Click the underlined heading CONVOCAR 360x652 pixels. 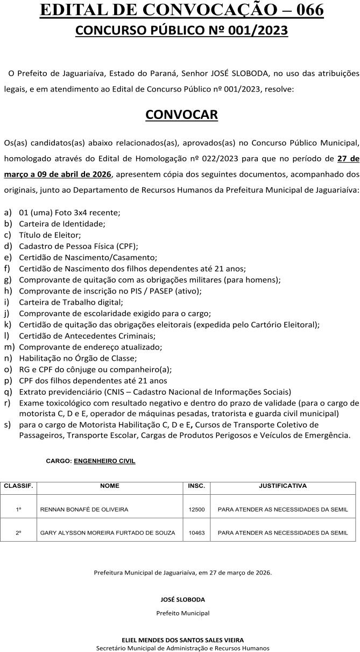[181, 115]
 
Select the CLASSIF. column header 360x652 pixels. [19, 486]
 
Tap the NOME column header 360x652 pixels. [110, 486]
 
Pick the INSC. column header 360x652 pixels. [196, 486]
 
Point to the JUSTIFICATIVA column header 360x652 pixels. [283, 486]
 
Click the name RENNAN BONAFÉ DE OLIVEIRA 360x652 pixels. [84, 509]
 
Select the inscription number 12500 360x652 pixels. [196, 509]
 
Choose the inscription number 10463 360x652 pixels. [196, 533]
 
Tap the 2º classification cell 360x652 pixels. [19, 533]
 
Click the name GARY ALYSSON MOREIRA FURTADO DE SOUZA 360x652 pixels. [108, 533]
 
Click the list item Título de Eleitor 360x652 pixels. [50, 235]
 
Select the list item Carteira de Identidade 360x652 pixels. [62, 223]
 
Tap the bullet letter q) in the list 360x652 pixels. [8, 392]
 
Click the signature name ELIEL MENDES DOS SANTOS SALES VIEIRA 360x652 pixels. [183, 640]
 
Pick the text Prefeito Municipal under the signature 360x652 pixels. [183, 613]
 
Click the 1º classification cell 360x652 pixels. [19, 509]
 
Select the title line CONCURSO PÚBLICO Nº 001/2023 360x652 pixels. [181, 31]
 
